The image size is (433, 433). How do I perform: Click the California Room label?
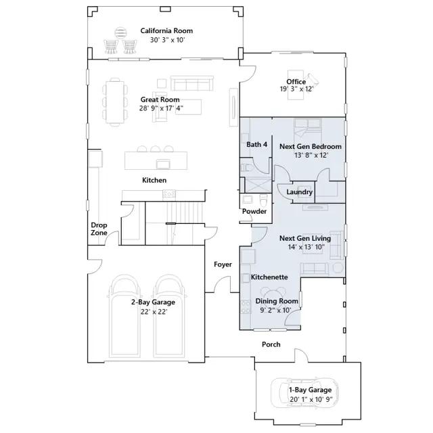click(166, 30)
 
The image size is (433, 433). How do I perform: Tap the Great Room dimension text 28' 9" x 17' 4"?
click(161, 108)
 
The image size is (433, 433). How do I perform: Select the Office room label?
click(296, 82)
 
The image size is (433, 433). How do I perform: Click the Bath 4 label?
click(257, 144)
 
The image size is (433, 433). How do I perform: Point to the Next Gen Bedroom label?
click(311, 146)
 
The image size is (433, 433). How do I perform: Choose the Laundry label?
click(299, 192)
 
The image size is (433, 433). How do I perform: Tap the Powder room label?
click(254, 211)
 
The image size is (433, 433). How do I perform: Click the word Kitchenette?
click(269, 277)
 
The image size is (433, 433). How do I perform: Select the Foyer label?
click(223, 265)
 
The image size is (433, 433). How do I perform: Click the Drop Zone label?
click(99, 229)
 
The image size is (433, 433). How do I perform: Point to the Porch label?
click(271, 344)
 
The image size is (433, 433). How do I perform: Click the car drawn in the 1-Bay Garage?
click(304, 392)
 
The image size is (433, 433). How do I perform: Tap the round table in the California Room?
click(120, 33)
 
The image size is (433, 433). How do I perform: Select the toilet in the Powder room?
click(264, 200)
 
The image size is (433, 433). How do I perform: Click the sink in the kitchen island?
click(163, 164)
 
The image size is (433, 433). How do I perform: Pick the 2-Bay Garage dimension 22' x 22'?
click(154, 312)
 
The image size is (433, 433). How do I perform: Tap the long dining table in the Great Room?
click(115, 102)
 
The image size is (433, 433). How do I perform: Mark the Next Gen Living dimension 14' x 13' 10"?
click(306, 247)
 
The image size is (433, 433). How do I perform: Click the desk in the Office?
click(296, 85)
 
